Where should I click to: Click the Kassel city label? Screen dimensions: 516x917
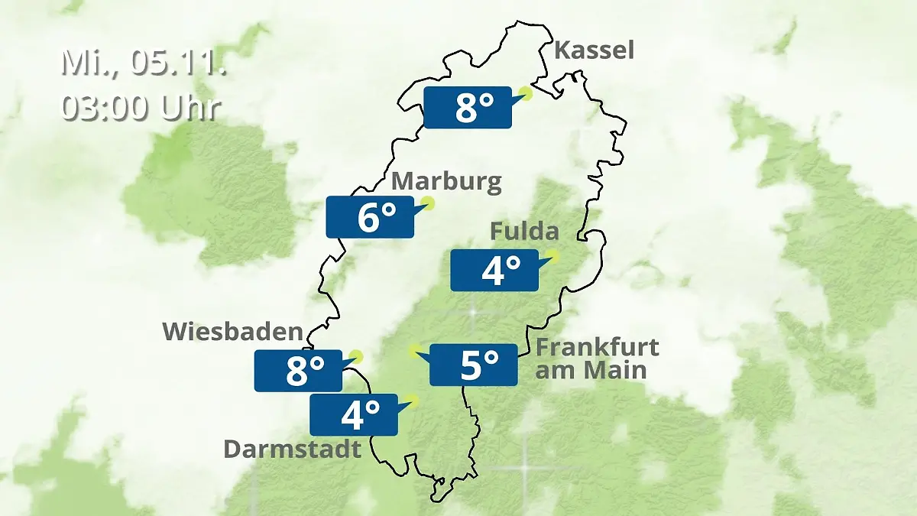[x=594, y=51]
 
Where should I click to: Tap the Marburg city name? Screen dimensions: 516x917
[x=447, y=183]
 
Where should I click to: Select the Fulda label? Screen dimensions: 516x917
[x=524, y=231]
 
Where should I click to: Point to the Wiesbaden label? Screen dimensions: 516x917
[x=233, y=332]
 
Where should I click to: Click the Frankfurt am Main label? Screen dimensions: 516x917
[x=597, y=359]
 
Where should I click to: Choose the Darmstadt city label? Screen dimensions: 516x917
[x=292, y=449]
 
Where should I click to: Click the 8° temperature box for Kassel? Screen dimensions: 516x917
[x=467, y=108]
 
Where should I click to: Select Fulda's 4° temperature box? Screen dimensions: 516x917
[x=494, y=270]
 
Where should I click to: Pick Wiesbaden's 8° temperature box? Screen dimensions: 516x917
[x=298, y=371]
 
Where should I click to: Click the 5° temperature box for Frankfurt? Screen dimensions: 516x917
[x=474, y=365]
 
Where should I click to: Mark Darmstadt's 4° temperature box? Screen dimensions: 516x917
[x=354, y=414]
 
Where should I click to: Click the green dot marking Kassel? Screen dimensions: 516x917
[x=525, y=94]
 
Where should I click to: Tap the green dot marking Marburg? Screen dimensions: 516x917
[x=428, y=203]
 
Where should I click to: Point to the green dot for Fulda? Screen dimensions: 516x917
[x=552, y=255]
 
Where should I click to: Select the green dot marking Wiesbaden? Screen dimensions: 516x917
[x=355, y=356]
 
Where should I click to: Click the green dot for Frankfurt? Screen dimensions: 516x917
[x=414, y=350]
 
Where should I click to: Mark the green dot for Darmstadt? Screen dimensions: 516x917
[x=413, y=400]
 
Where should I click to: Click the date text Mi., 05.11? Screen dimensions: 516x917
[x=144, y=63]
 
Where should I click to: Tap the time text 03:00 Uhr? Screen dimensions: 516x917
[x=141, y=108]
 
